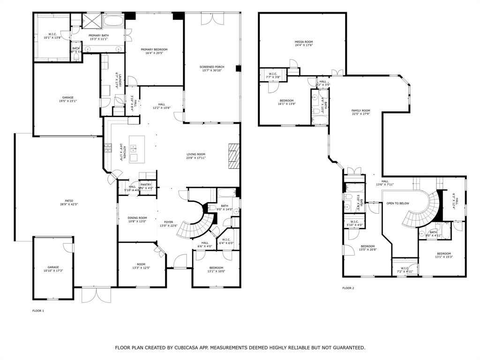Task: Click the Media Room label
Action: coord(304,42)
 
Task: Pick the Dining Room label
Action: coord(137,217)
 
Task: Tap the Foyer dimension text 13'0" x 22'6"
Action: coord(168,226)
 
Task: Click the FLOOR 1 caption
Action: coord(38,311)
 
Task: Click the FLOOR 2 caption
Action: coord(348,288)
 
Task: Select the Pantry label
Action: coord(146,185)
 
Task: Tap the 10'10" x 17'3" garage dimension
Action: coord(53,271)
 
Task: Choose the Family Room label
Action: coord(361,111)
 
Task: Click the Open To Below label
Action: coord(398,203)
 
